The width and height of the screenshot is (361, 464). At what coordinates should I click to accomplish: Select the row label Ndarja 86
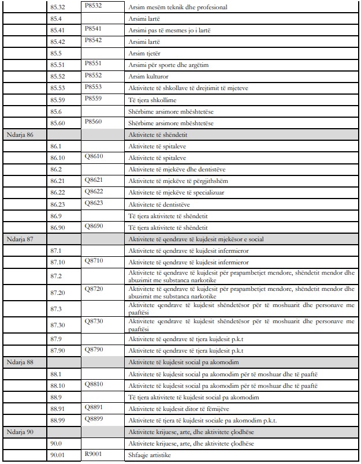coord(19,135)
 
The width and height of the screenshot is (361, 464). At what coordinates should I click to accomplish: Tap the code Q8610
coord(94,156)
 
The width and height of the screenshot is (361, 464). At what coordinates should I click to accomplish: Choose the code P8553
coord(92,87)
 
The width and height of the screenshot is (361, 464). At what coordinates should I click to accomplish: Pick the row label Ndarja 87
coord(19,238)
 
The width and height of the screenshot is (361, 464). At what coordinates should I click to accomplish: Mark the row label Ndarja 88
coord(19,362)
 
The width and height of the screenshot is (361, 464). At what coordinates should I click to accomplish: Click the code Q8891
coord(94,407)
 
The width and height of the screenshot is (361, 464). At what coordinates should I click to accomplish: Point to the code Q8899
coord(94,418)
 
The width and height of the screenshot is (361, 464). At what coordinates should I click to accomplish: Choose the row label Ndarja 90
coord(19,432)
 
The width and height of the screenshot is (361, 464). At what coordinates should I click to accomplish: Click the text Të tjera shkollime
coord(153,100)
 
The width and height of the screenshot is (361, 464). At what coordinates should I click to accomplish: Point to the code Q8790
coord(94,349)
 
